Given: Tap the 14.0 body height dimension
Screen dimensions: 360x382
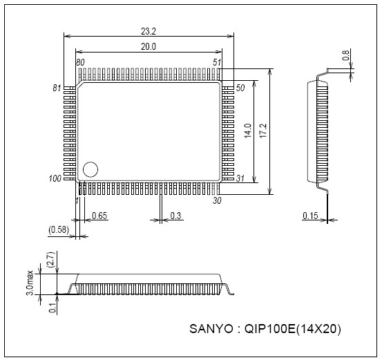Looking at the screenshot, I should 247,130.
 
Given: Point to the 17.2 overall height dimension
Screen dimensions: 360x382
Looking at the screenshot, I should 262,130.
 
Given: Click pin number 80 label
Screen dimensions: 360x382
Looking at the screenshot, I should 81,63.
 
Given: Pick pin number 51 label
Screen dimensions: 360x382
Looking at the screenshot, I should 217,63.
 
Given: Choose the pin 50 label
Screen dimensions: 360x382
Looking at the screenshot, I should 240,88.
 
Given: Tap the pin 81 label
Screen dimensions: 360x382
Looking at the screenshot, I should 57,88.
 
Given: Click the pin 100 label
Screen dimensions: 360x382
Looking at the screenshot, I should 55,179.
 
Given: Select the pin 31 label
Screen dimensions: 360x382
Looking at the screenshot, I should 240,179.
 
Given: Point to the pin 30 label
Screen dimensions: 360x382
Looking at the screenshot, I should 217,200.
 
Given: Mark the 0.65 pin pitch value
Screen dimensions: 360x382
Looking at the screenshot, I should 99,216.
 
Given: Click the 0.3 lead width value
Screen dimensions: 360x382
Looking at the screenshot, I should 175,216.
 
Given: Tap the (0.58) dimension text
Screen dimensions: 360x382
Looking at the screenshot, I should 59,229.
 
